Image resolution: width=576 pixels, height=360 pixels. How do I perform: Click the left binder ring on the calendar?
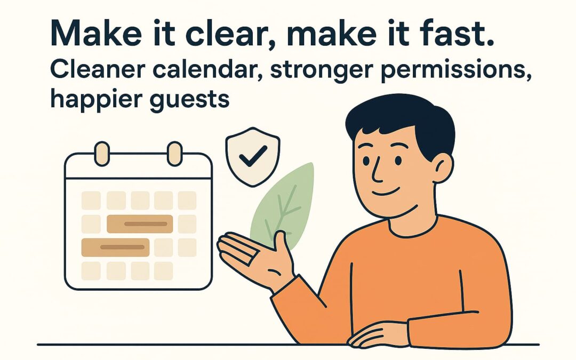101,154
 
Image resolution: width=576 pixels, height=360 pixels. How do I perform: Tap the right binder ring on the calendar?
174,154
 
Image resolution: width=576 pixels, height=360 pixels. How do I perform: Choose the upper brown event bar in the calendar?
140,224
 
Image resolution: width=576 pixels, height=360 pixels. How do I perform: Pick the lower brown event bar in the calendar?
115,247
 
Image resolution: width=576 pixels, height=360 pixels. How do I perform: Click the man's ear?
442,165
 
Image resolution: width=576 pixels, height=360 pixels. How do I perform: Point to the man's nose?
375,169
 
